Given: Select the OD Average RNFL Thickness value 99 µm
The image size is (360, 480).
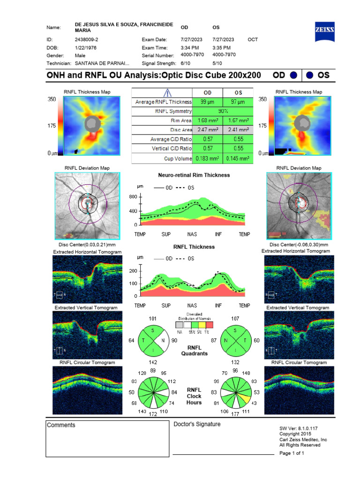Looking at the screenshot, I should [207, 102].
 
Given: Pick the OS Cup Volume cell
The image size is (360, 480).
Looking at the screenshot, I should [238, 159].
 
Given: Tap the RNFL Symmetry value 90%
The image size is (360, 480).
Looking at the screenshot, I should [223, 111].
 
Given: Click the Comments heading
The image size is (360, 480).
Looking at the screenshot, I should [61, 425].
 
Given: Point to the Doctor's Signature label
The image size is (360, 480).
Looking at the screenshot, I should [197, 425].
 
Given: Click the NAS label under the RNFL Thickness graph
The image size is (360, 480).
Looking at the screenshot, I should [192, 306].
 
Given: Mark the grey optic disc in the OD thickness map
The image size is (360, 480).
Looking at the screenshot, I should [92, 124].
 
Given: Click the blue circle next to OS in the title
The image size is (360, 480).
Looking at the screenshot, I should [310, 75].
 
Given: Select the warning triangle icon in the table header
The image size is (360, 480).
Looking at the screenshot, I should [162, 92].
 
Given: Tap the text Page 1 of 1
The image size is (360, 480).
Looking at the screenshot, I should [292, 454].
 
